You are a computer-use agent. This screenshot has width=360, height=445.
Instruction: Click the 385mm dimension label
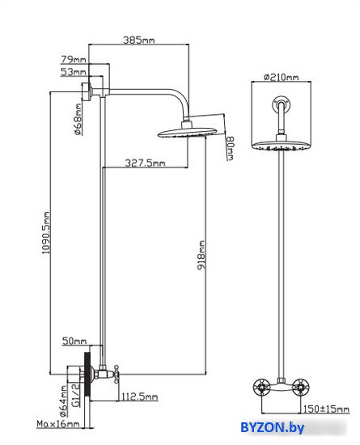click(x=138, y=40)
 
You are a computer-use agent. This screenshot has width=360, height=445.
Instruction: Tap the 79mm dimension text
click(x=74, y=59)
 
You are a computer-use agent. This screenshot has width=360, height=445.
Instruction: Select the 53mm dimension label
click(x=73, y=71)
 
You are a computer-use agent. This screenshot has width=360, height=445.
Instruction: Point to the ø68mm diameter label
click(x=78, y=119)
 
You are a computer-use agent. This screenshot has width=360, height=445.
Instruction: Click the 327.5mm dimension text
click(x=145, y=163)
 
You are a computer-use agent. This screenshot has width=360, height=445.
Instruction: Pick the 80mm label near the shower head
click(x=230, y=148)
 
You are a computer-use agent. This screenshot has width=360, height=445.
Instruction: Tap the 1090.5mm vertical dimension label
click(x=45, y=233)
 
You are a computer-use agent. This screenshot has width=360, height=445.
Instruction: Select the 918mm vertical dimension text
click(x=201, y=255)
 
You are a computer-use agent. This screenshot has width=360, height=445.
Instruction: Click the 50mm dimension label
click(x=74, y=341)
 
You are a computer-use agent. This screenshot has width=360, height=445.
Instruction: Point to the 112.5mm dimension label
click(x=140, y=396)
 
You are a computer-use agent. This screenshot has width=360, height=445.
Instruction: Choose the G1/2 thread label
click(x=76, y=395)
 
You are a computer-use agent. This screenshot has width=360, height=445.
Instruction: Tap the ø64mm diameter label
click(x=64, y=401)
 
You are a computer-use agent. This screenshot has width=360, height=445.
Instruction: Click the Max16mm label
click(x=58, y=424)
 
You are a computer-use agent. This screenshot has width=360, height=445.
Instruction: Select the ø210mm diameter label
click(x=282, y=77)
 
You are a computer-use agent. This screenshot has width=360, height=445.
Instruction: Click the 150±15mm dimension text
click(x=326, y=409)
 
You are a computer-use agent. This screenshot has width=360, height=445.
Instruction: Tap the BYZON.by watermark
click(x=273, y=427)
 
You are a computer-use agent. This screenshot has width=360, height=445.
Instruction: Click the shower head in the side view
click(x=187, y=132)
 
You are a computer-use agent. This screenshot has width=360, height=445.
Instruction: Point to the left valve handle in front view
click(x=261, y=387)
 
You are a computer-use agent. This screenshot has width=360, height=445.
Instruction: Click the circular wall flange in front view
click(x=282, y=104)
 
